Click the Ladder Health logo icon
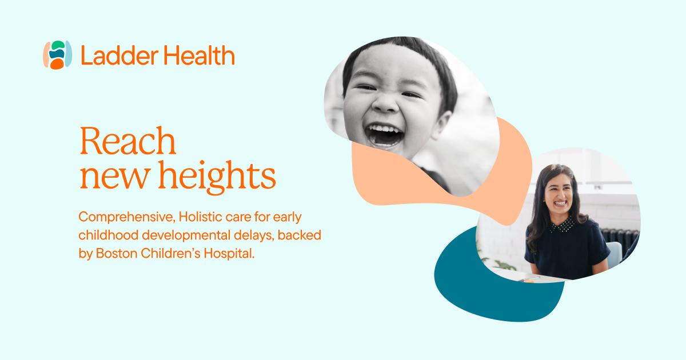point(57,55)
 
